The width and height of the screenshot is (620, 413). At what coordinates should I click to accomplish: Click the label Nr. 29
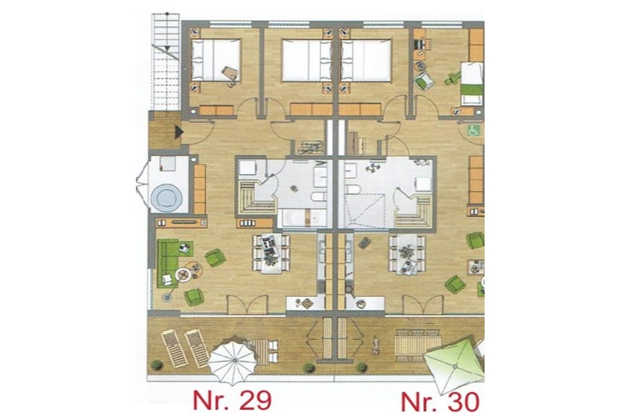(x=232, y=400)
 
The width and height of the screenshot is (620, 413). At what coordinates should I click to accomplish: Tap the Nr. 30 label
(x=440, y=402)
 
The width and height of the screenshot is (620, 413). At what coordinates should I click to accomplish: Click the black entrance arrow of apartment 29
(x=179, y=132)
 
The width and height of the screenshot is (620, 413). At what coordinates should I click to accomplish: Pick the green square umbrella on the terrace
(x=454, y=364)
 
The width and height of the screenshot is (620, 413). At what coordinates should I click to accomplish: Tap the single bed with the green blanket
(x=472, y=83)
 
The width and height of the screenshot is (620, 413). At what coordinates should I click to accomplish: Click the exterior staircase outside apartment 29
(x=167, y=62)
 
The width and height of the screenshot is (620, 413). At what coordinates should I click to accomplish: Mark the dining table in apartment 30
(x=407, y=254)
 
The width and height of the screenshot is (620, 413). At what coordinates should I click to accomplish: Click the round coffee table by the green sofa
(x=183, y=273)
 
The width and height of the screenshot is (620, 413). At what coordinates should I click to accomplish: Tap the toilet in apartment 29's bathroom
(x=318, y=197)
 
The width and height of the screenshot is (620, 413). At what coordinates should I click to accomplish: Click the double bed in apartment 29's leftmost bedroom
(x=216, y=60)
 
